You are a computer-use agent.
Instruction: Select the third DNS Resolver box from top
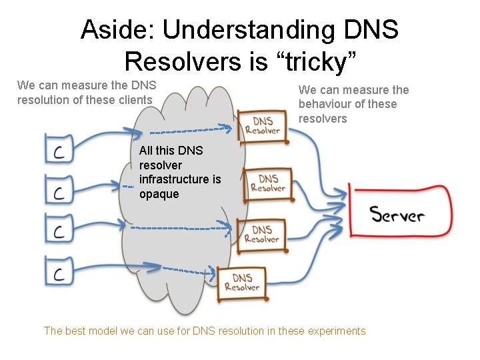click(x=261, y=234)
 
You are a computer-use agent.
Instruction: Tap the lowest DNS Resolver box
click(x=242, y=282)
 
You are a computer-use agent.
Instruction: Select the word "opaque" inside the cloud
click(x=159, y=193)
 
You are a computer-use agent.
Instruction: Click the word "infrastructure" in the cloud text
click(x=180, y=179)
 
